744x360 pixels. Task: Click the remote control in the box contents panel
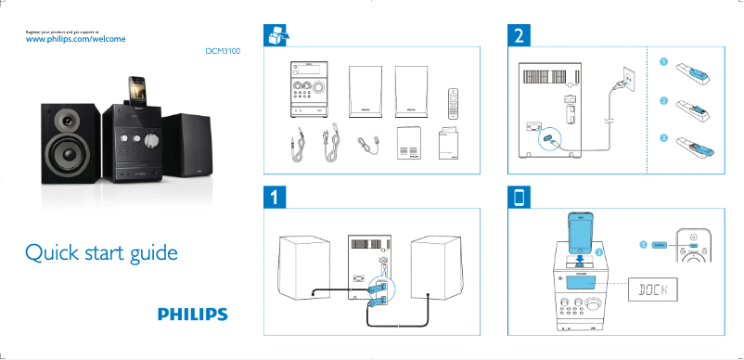coord(454,102)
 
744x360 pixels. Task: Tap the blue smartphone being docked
coord(582,233)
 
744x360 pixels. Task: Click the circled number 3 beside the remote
coord(663,137)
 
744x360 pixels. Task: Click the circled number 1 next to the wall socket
coord(663,62)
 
